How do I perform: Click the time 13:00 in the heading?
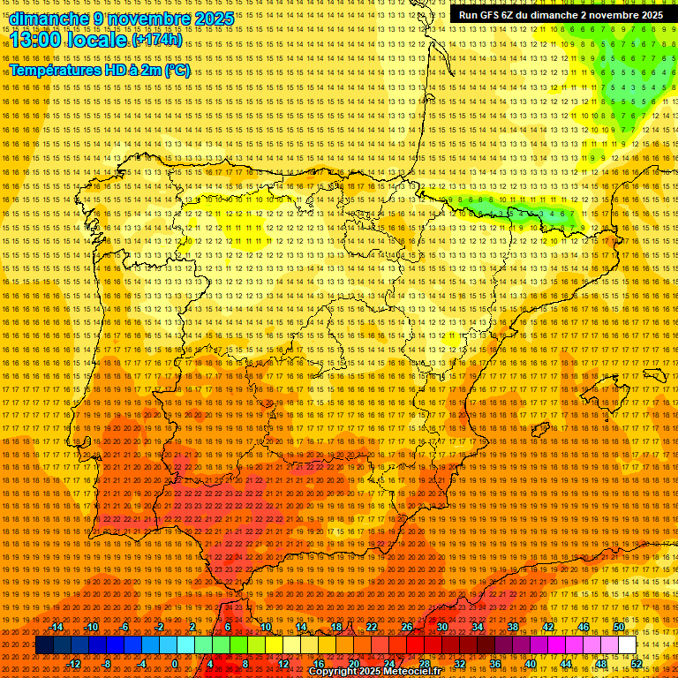(x=41, y=40)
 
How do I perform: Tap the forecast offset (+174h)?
(x=156, y=40)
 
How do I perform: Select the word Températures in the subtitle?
(x=52, y=70)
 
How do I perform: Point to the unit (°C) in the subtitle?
(x=177, y=70)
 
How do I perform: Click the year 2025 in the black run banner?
(x=648, y=15)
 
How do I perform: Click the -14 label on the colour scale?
(x=57, y=627)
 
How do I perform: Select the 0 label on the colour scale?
(x=176, y=664)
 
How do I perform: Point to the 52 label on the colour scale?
(x=636, y=664)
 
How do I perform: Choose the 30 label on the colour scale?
(x=442, y=627)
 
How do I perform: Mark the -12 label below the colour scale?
(x=74, y=664)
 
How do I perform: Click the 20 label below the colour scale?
(x=353, y=664)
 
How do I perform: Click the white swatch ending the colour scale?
(x=628, y=645)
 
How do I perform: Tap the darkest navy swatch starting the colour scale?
(x=44, y=645)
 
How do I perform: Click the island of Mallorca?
(x=606, y=389)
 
